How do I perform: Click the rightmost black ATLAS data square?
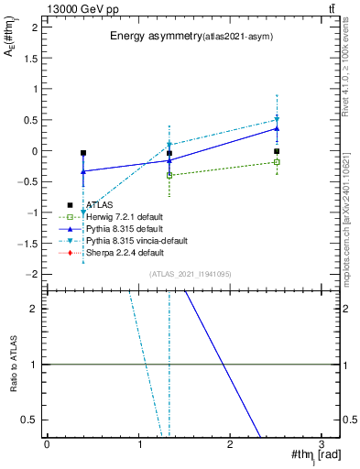277,151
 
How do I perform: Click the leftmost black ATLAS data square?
83,153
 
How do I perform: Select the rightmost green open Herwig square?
277,162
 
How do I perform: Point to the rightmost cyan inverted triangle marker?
277,119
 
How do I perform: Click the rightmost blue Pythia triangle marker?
277,128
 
